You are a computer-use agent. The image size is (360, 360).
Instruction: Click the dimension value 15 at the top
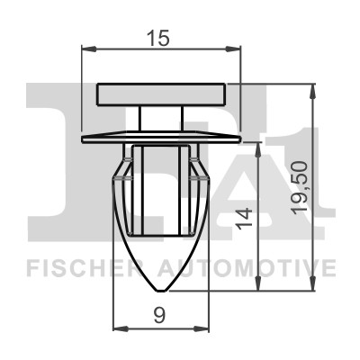158,38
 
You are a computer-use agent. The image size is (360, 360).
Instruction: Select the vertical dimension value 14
244,218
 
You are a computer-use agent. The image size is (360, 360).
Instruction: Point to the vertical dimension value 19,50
300,188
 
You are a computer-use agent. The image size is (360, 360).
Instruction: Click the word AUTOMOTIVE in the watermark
247,267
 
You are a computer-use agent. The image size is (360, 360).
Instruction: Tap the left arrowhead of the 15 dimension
89,49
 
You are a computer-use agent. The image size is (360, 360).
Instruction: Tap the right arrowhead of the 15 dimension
233,49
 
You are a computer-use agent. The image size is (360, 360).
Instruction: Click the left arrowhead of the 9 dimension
121,328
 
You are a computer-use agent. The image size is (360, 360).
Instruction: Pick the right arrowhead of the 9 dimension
201,328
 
